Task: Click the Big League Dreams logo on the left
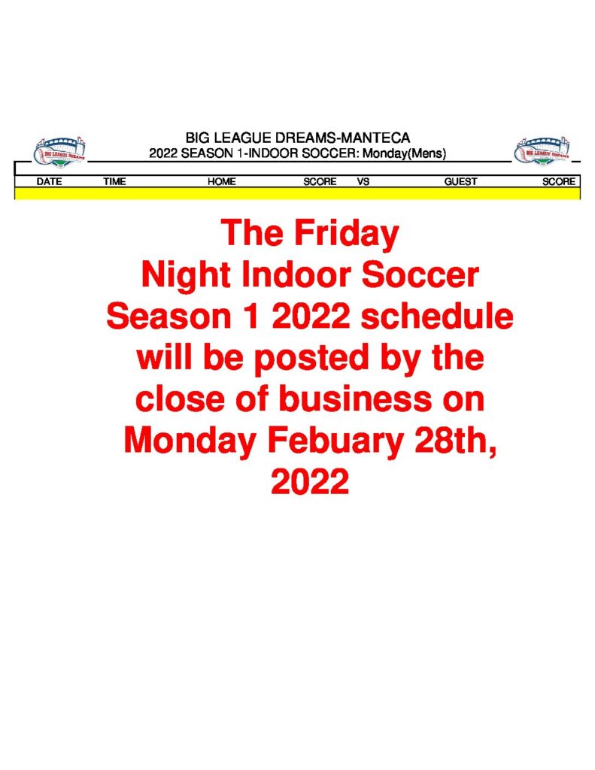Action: click(60, 151)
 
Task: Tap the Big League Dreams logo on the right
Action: click(542, 151)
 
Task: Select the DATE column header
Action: click(49, 182)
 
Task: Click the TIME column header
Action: click(114, 182)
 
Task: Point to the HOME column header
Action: click(222, 182)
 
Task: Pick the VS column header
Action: click(363, 182)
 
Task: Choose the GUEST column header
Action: click(460, 182)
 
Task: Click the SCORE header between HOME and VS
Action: click(320, 182)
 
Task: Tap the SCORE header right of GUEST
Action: click(559, 182)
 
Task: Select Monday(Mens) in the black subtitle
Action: click(404, 153)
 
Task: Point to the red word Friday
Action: click(346, 234)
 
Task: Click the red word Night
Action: click(186, 276)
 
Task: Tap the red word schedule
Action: click(437, 317)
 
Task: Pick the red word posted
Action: click(311, 359)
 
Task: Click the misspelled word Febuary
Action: click(335, 441)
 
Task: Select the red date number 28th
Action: click(454, 441)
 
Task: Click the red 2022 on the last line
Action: click(310, 481)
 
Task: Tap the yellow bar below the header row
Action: click(297, 193)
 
